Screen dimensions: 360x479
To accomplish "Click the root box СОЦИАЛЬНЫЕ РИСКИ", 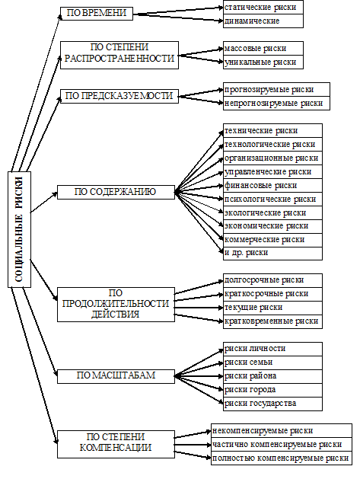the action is pyautogui.click(x=19, y=229).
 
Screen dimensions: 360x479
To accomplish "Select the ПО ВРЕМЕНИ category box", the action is pyautogui.click(x=97, y=14).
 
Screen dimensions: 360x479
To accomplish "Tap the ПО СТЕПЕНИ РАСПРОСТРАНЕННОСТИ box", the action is pyautogui.click(x=119, y=56).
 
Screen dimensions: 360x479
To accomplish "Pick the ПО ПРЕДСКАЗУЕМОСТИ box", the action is pyautogui.click(x=119, y=96).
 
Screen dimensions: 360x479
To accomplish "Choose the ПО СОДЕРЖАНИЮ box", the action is pyautogui.click(x=116, y=193).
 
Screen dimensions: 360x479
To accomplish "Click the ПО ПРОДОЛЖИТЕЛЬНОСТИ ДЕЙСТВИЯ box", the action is pyautogui.click(x=116, y=305).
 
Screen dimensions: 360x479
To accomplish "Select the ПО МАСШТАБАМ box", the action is pyautogui.click(x=116, y=376).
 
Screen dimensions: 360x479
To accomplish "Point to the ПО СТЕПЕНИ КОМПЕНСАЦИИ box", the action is pyautogui.click(x=116, y=444).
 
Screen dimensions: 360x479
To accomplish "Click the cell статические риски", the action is pyautogui.click(x=263, y=7).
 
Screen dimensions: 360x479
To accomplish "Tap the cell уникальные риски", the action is pyautogui.click(x=263, y=62).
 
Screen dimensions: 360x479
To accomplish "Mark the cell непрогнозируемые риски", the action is pyautogui.click(x=276, y=104).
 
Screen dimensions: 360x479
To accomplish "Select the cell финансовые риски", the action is pyautogui.click(x=272, y=185).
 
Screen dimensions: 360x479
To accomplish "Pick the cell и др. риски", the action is pyautogui.click(x=272, y=254).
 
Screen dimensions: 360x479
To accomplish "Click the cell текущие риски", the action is pyautogui.click(x=272, y=308).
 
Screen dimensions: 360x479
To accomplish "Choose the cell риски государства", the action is pyautogui.click(x=272, y=404).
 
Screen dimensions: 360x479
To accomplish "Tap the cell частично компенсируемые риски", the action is pyautogui.click(x=282, y=445).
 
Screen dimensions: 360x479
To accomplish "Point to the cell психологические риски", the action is pyautogui.click(x=272, y=200).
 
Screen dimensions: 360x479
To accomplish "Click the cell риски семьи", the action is pyautogui.click(x=272, y=362).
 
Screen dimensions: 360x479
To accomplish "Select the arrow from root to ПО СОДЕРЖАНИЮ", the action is pyautogui.click(x=44, y=203).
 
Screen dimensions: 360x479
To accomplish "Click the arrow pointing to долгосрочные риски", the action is pyautogui.click(x=199, y=287).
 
